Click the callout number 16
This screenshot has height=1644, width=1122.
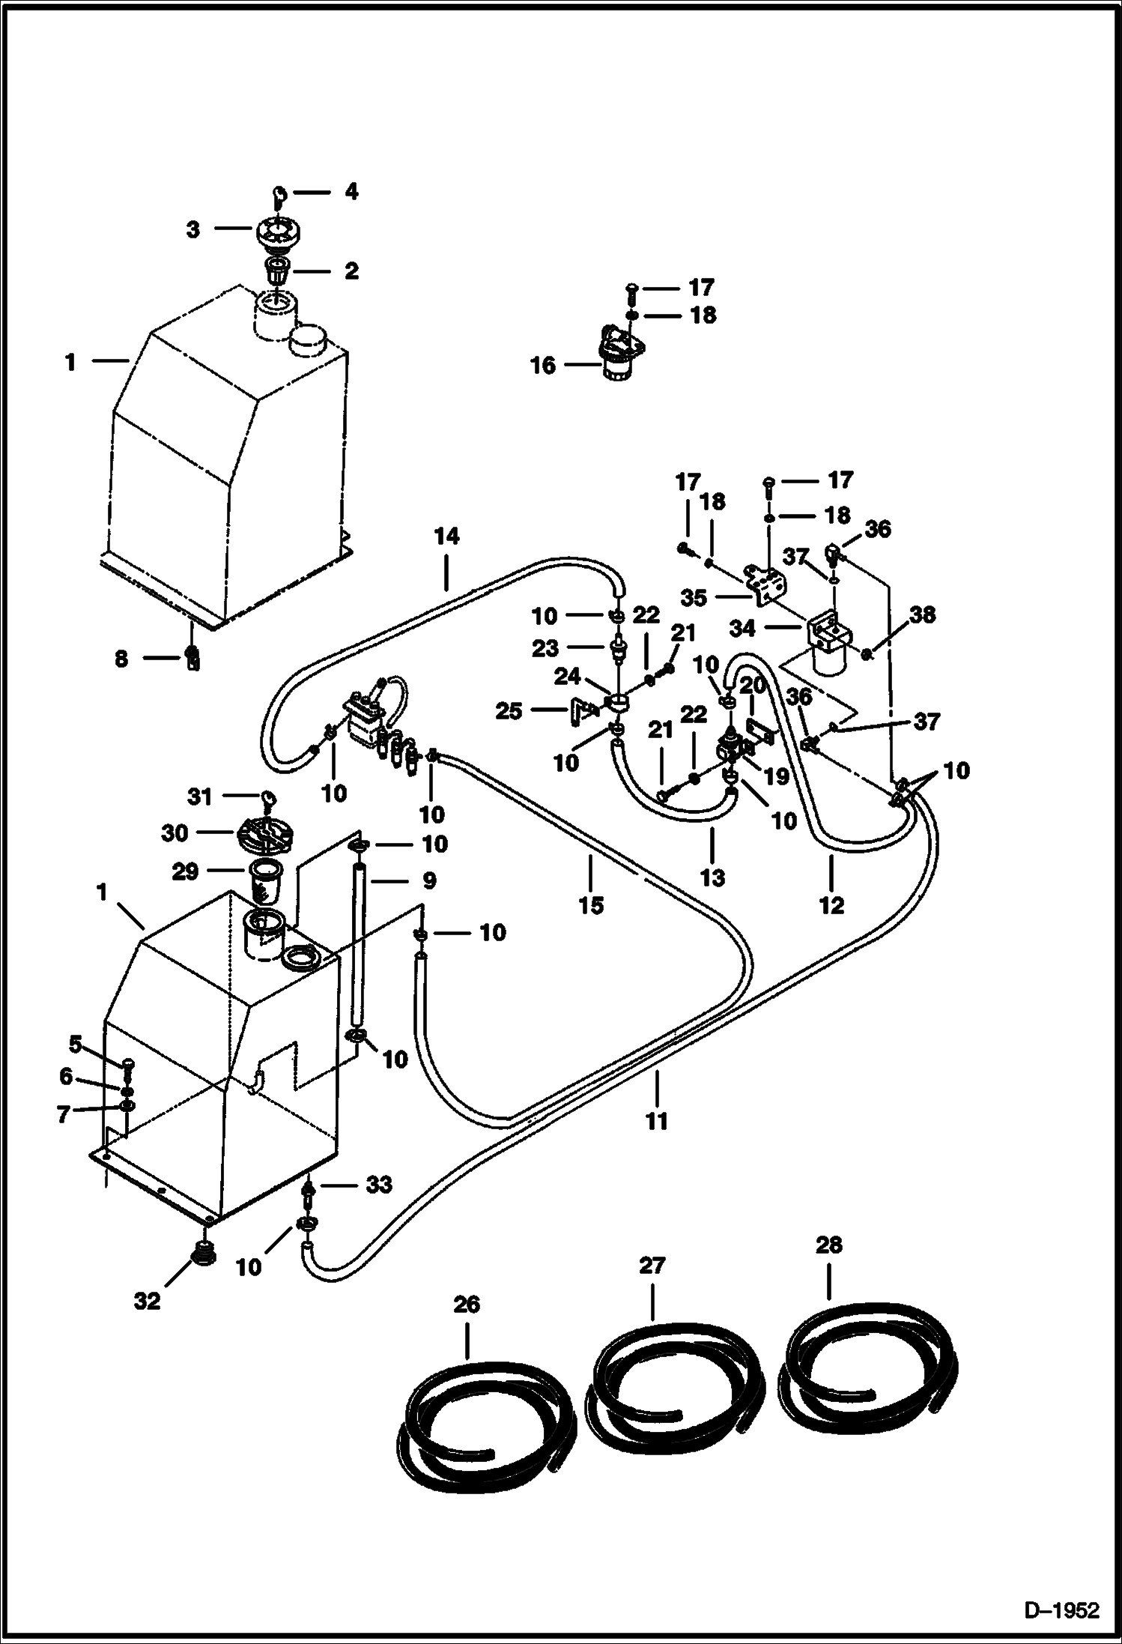click(x=544, y=366)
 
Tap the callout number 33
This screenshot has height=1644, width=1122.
click(x=379, y=1184)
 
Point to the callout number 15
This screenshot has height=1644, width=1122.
click(x=591, y=904)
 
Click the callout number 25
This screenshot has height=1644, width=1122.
click(x=509, y=710)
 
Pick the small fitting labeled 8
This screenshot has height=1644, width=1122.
click(x=192, y=658)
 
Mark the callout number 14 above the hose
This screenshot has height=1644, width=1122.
click(x=446, y=537)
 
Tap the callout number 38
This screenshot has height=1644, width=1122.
click(x=922, y=614)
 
